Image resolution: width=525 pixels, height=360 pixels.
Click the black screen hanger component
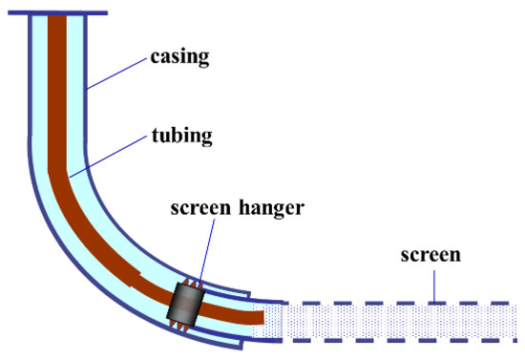183,306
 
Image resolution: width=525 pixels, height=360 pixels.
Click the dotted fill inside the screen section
401,322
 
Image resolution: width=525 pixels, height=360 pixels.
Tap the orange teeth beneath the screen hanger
178,327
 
